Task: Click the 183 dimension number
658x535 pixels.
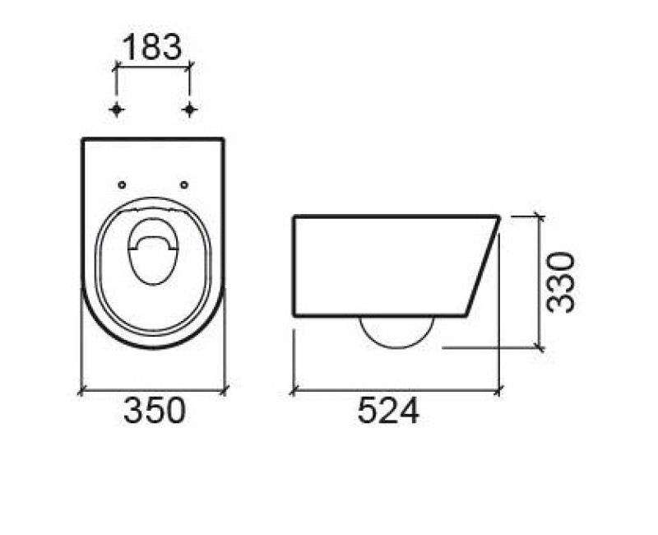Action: [x=152, y=47]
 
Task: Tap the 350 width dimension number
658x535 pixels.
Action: [x=155, y=410]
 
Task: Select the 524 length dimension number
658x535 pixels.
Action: [x=388, y=411]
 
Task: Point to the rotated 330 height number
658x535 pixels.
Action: [x=561, y=282]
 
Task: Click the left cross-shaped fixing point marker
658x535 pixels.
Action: [x=116, y=109]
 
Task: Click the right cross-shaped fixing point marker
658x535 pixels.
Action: [x=190, y=109]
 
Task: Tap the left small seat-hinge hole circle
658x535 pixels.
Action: [x=122, y=184]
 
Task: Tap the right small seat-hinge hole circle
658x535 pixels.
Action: [x=183, y=184]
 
